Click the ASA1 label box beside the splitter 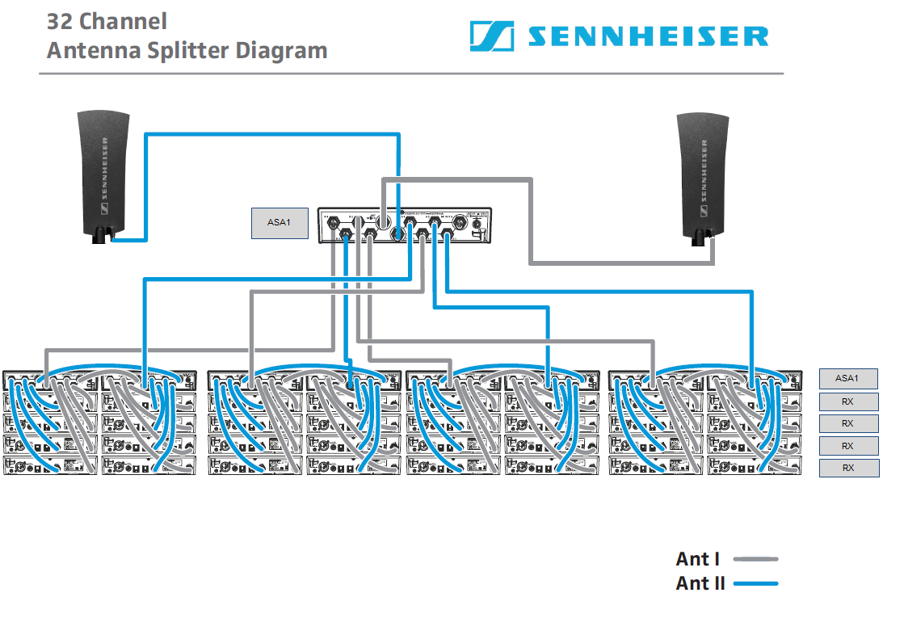279,222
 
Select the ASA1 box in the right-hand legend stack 847,378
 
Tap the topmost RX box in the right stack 847,401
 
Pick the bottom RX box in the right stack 847,468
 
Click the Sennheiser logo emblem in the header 492,36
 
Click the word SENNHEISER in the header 648,36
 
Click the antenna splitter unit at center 405,225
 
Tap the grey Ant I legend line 755,559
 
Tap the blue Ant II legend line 755,583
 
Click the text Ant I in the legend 698,559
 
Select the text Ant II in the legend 700,583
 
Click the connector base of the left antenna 102,236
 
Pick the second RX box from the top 847,423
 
